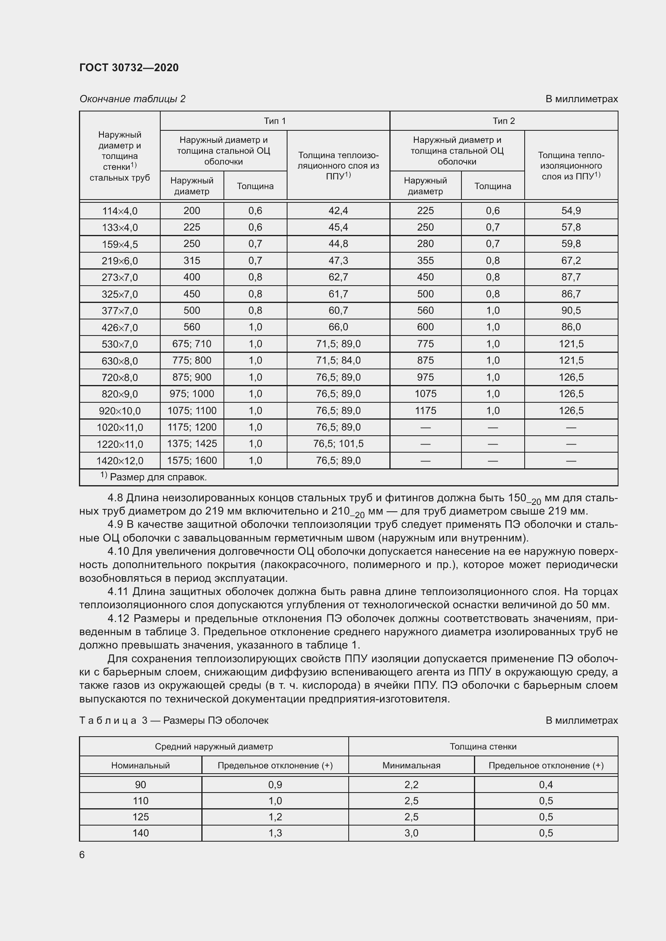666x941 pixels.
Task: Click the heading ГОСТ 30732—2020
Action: (129, 68)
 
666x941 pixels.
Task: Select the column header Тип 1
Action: (274, 121)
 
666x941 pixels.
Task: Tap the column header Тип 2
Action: (504, 121)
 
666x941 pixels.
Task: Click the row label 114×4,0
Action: (119, 211)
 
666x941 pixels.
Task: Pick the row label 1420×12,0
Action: (119, 461)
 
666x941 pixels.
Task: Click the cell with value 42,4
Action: (338, 211)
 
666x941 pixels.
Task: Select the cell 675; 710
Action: (192, 344)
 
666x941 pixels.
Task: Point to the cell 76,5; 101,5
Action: (338, 444)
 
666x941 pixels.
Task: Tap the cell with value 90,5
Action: (571, 311)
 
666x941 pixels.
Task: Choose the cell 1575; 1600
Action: (192, 461)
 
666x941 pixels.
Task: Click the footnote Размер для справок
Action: (158, 478)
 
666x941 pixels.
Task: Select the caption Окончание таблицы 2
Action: (132, 99)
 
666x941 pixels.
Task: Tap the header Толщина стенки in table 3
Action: (483, 747)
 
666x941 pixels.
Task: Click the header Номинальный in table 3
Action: (140, 766)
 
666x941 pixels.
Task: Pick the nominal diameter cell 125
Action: (140, 817)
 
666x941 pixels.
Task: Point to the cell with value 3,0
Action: (411, 833)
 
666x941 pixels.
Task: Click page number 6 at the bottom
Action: (82, 855)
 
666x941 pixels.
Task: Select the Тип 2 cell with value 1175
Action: (425, 411)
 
